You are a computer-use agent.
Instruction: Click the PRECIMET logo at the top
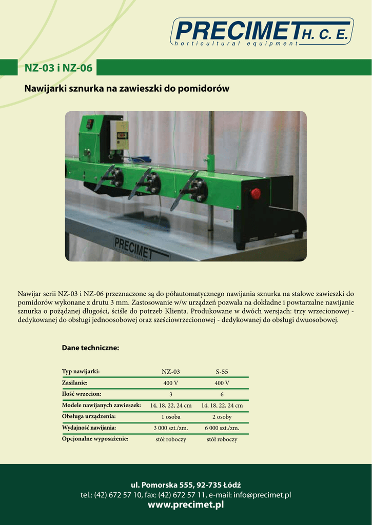(262, 32)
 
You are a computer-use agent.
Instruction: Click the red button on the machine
(255, 193)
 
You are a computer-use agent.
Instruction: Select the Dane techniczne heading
(90, 348)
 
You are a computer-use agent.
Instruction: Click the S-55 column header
(222, 372)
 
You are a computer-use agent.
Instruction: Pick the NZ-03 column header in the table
(171, 372)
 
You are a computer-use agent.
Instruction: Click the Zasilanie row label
(75, 382)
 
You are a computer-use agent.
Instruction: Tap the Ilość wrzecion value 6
(222, 394)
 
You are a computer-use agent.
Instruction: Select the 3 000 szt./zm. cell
(171, 428)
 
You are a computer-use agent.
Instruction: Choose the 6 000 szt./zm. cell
(222, 428)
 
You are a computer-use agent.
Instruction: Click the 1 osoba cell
(171, 417)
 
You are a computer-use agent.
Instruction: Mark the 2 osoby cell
(222, 417)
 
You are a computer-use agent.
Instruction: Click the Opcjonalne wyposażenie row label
(95, 439)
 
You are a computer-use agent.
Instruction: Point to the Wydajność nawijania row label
(89, 428)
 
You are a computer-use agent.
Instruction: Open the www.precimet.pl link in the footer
(186, 505)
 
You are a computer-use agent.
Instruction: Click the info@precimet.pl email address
(262, 495)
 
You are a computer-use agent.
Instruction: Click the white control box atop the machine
(120, 135)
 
